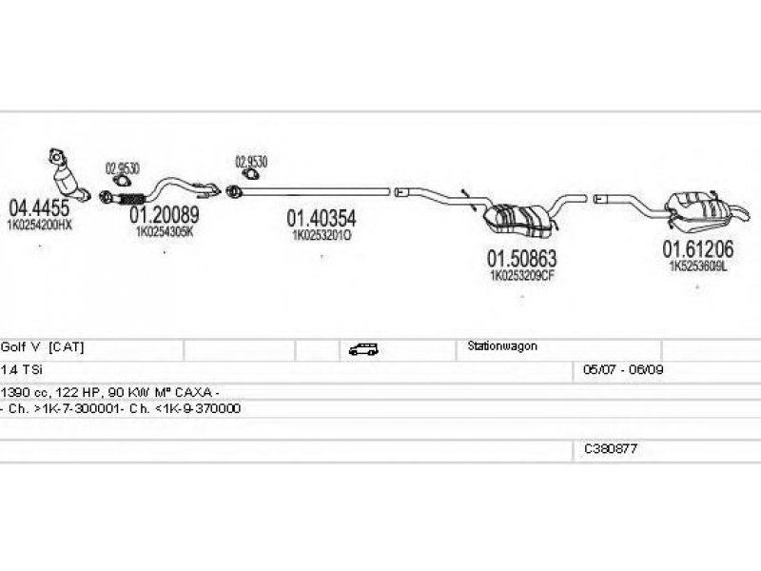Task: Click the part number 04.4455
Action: tap(38, 207)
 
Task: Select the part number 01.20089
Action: tap(164, 215)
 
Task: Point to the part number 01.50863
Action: tap(522, 258)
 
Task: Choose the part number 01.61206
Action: tap(698, 249)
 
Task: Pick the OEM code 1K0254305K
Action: tap(164, 231)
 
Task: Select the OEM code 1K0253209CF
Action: tap(521, 275)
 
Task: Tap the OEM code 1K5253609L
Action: tap(697, 266)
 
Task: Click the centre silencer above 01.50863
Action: tap(518, 218)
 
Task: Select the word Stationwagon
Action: tap(502, 346)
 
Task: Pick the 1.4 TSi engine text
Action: tap(21, 368)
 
